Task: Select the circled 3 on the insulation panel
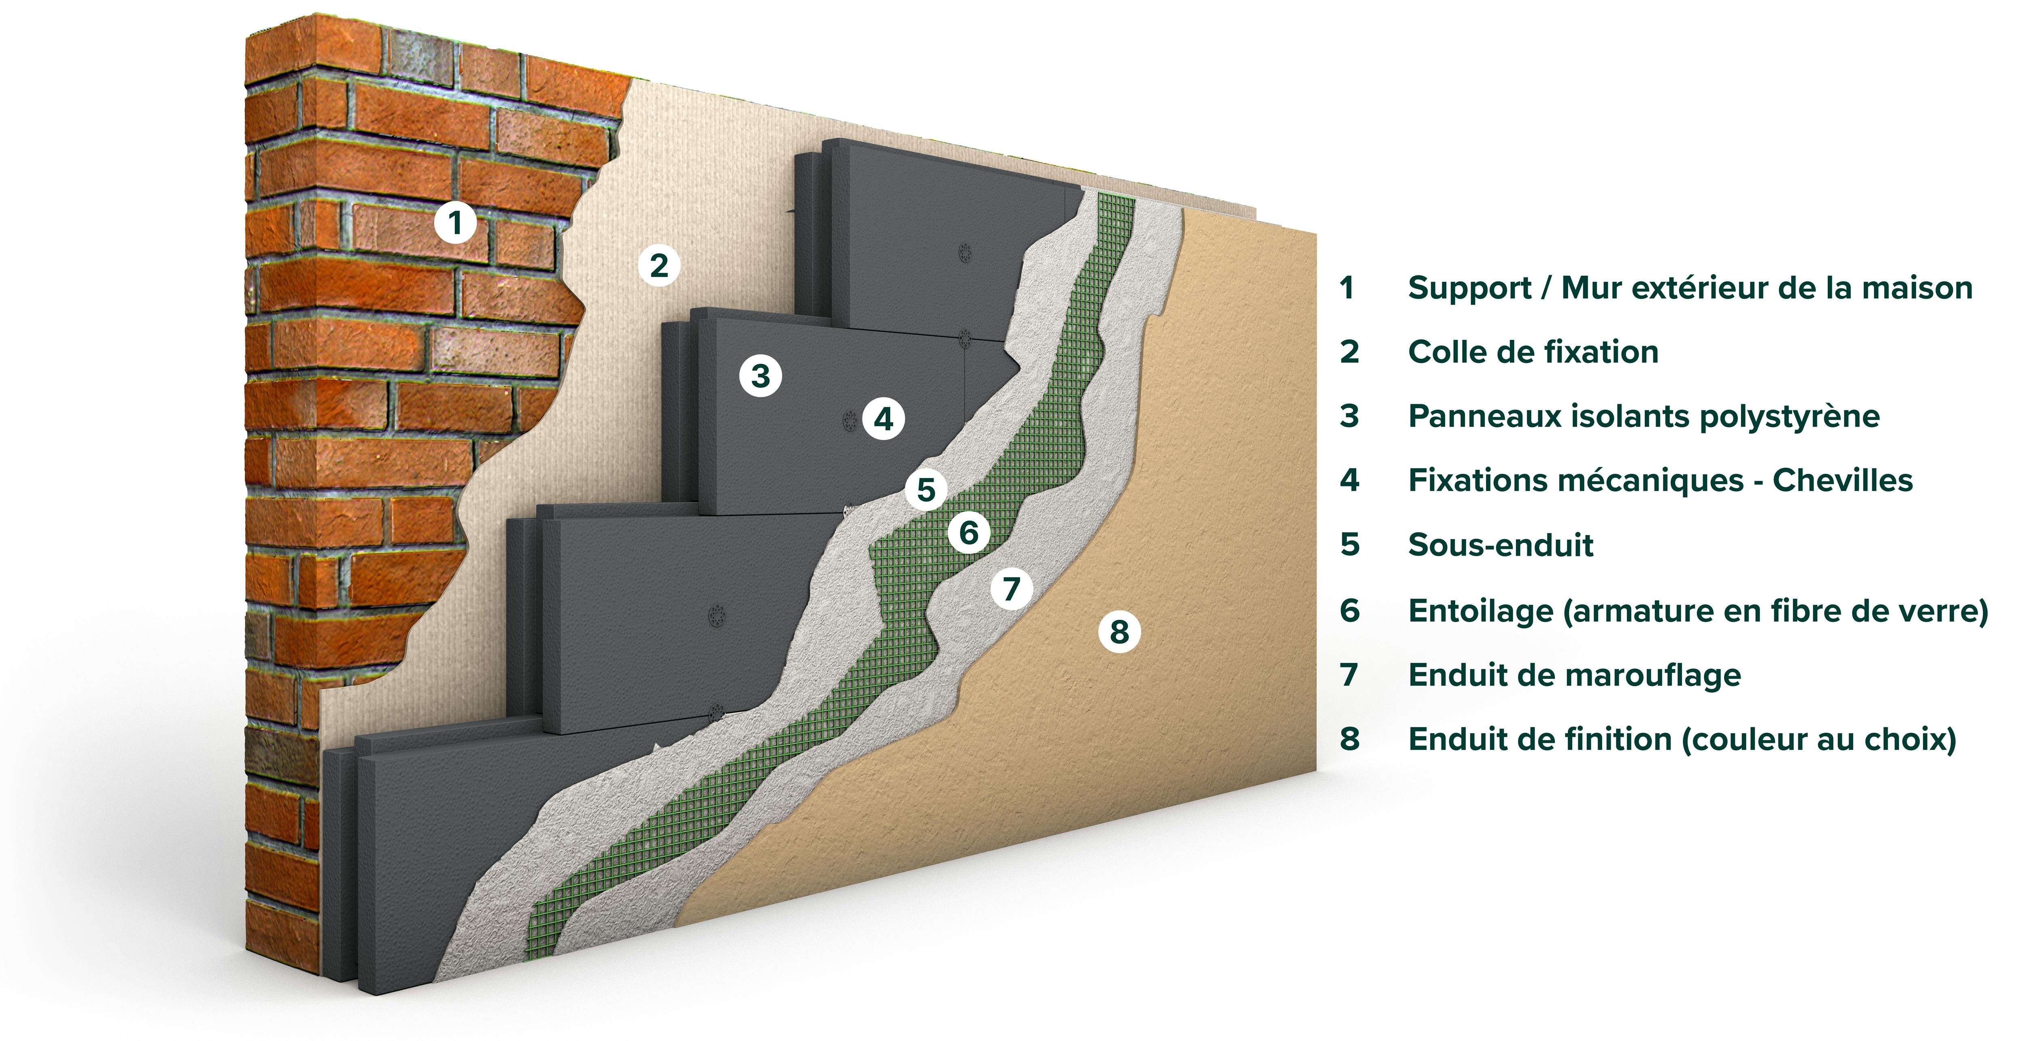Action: click(760, 376)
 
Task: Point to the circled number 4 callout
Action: click(884, 418)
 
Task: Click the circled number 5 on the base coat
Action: click(926, 490)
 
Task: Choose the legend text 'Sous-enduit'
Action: click(1500, 545)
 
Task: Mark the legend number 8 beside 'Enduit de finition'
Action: click(1350, 739)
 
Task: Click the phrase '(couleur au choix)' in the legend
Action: click(1818, 739)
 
